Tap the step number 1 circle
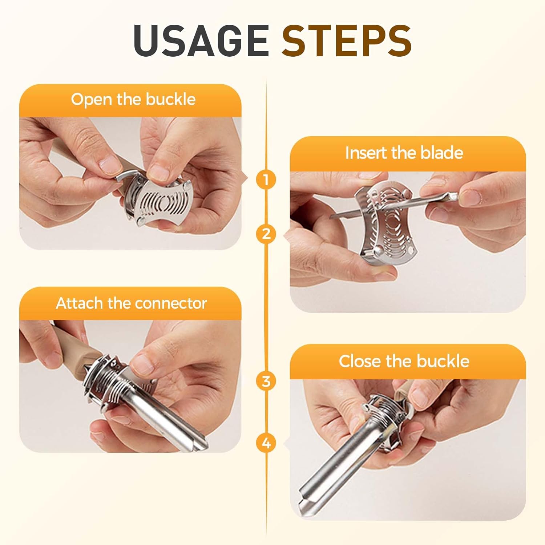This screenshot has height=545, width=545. pos(266,179)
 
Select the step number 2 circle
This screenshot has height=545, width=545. pos(266,234)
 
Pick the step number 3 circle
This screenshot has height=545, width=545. pos(266,381)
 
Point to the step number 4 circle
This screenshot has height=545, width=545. pos(266,443)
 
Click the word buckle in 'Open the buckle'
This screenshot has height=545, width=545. pos(171,99)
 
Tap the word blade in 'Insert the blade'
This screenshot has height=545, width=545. pos(442,153)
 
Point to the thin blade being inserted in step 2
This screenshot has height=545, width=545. pos(392,205)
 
